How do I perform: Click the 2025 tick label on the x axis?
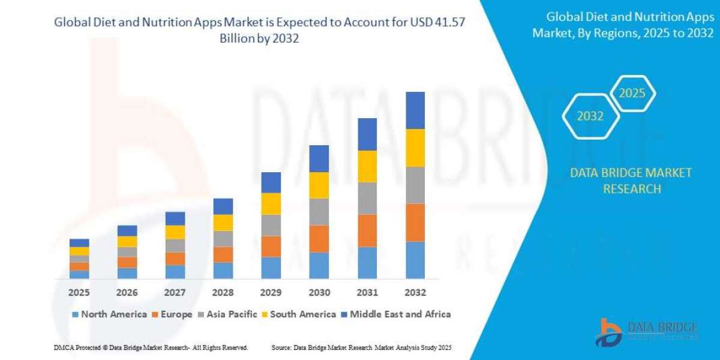pyautogui.click(x=79, y=293)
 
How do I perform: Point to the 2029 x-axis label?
pyautogui.click(x=271, y=293)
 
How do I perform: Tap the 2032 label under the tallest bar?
pyautogui.click(x=415, y=293)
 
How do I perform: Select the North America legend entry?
pyautogui.click(x=109, y=314)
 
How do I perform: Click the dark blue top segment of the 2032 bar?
pyautogui.click(x=415, y=110)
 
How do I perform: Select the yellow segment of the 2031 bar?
pyautogui.click(x=367, y=166)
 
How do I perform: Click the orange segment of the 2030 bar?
pyautogui.click(x=319, y=239)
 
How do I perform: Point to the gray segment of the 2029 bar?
pyautogui.click(x=271, y=225)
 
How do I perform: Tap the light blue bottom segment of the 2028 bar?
pyautogui.click(x=223, y=271)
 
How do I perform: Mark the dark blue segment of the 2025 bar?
pyautogui.click(x=79, y=243)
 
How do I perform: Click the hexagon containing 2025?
pyautogui.click(x=632, y=94)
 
